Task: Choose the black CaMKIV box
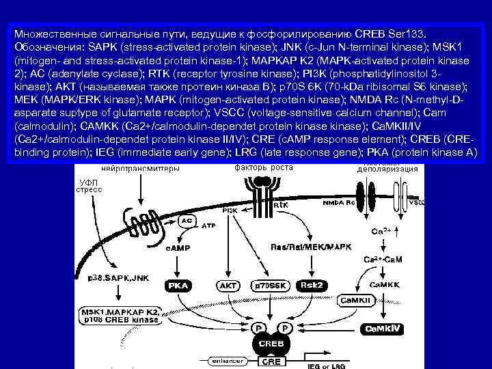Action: (x=383, y=329)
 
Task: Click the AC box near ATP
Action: (x=186, y=221)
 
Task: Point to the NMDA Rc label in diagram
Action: (x=339, y=203)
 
